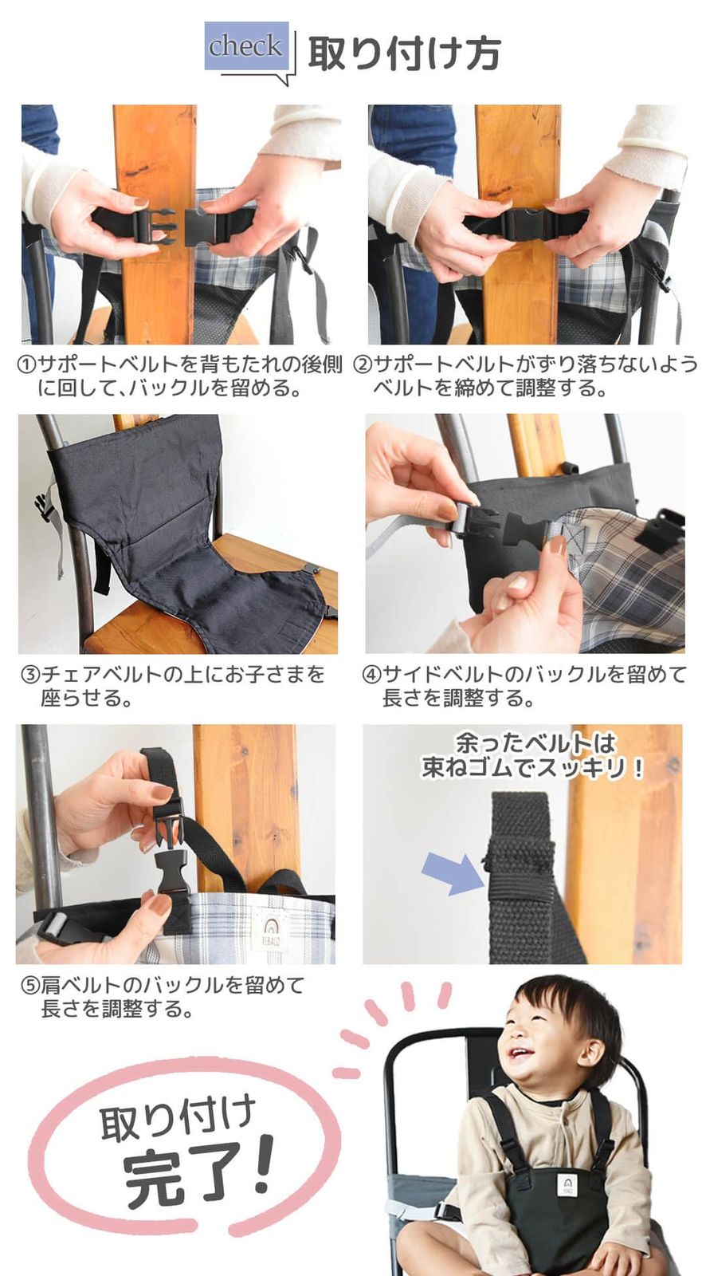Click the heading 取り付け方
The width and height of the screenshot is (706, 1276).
(x=404, y=53)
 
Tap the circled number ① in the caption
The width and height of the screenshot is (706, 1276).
(x=27, y=364)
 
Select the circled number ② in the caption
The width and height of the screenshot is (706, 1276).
(x=363, y=364)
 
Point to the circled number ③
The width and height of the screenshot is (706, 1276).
(x=30, y=675)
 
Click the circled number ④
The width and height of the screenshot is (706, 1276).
(x=371, y=675)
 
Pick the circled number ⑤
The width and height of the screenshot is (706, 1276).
(x=30, y=986)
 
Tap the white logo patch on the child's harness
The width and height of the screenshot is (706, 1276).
(x=568, y=1183)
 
